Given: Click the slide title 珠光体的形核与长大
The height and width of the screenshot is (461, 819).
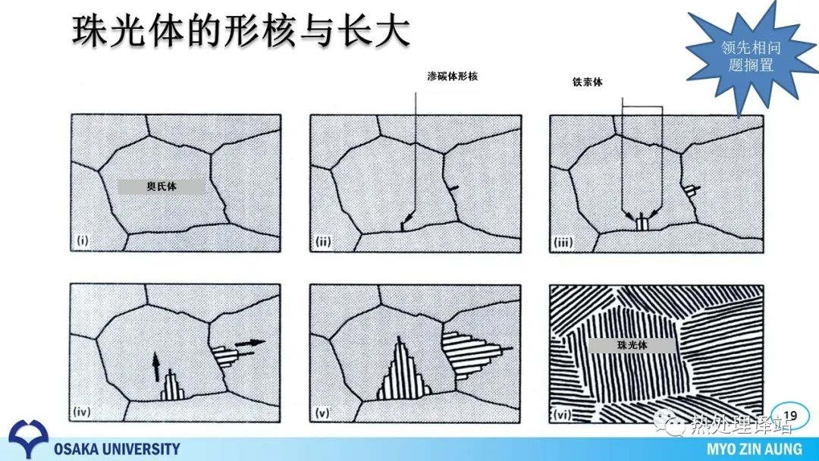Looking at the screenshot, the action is click(240, 30).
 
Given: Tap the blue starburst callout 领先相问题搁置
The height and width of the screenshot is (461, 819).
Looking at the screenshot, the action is click(751, 56).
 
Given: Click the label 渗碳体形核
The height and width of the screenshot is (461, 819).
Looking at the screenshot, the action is click(452, 77).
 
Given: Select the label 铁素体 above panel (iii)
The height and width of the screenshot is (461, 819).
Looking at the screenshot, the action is click(587, 82).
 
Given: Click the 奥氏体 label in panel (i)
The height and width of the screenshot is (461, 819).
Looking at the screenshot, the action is click(162, 187).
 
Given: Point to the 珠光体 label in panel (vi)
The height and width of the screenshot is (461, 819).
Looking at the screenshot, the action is click(632, 345).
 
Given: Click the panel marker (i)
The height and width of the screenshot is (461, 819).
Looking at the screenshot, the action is click(83, 240).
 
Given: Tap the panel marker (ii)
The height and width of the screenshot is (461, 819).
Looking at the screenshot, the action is click(323, 242).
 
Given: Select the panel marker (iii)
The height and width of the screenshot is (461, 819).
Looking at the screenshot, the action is click(563, 242).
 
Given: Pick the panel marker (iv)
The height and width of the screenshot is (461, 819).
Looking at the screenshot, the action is click(82, 412).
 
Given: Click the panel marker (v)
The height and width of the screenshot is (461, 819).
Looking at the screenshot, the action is click(322, 413).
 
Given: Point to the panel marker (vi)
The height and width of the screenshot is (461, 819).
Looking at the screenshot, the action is click(562, 415).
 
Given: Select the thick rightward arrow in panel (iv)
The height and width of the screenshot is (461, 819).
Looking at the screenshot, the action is click(250, 343).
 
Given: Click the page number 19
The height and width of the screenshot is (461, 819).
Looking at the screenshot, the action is click(790, 416).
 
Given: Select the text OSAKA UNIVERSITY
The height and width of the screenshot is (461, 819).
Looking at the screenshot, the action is click(117, 448).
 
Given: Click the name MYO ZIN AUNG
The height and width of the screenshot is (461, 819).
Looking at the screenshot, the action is click(755, 449).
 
